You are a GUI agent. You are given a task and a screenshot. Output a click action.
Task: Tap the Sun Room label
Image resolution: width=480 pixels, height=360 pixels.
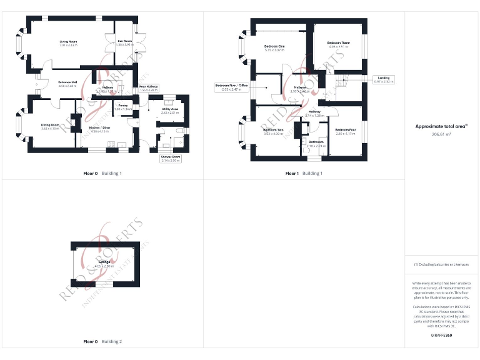coord(124,42)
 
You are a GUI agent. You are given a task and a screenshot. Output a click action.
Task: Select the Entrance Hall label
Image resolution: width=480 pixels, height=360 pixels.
coord(67,82)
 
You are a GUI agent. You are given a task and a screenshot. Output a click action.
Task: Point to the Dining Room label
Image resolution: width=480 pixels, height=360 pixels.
coord(50,126)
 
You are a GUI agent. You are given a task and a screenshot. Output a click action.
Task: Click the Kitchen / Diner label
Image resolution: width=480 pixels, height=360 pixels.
coord(100,128)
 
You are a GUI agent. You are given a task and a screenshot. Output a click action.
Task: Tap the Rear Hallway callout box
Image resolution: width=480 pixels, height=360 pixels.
coord(149,87)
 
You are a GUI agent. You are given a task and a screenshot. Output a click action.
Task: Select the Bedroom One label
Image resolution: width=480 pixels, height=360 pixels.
coord(274,47)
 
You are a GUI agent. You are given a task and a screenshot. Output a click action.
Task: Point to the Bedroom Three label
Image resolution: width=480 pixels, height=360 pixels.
coord(338,43)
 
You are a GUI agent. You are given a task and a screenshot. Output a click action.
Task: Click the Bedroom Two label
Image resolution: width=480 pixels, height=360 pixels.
coord(273,131)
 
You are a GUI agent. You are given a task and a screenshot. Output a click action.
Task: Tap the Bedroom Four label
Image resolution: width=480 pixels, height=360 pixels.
coord(345,131)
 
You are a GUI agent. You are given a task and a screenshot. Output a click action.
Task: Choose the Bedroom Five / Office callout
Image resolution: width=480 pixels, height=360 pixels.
coord(231,87)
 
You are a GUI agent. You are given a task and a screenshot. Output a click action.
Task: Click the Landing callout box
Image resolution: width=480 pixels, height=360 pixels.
coord(383,79)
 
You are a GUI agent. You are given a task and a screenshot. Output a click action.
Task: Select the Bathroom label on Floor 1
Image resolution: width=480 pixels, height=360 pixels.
coord(316,143)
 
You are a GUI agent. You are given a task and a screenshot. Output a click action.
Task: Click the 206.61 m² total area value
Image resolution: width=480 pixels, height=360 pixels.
coord(441,134)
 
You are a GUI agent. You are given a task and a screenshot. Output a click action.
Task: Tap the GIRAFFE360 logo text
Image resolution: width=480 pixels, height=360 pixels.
coord(441,336)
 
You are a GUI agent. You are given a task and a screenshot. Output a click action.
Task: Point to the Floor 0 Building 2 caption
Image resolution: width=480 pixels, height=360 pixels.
coord(102,342)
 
